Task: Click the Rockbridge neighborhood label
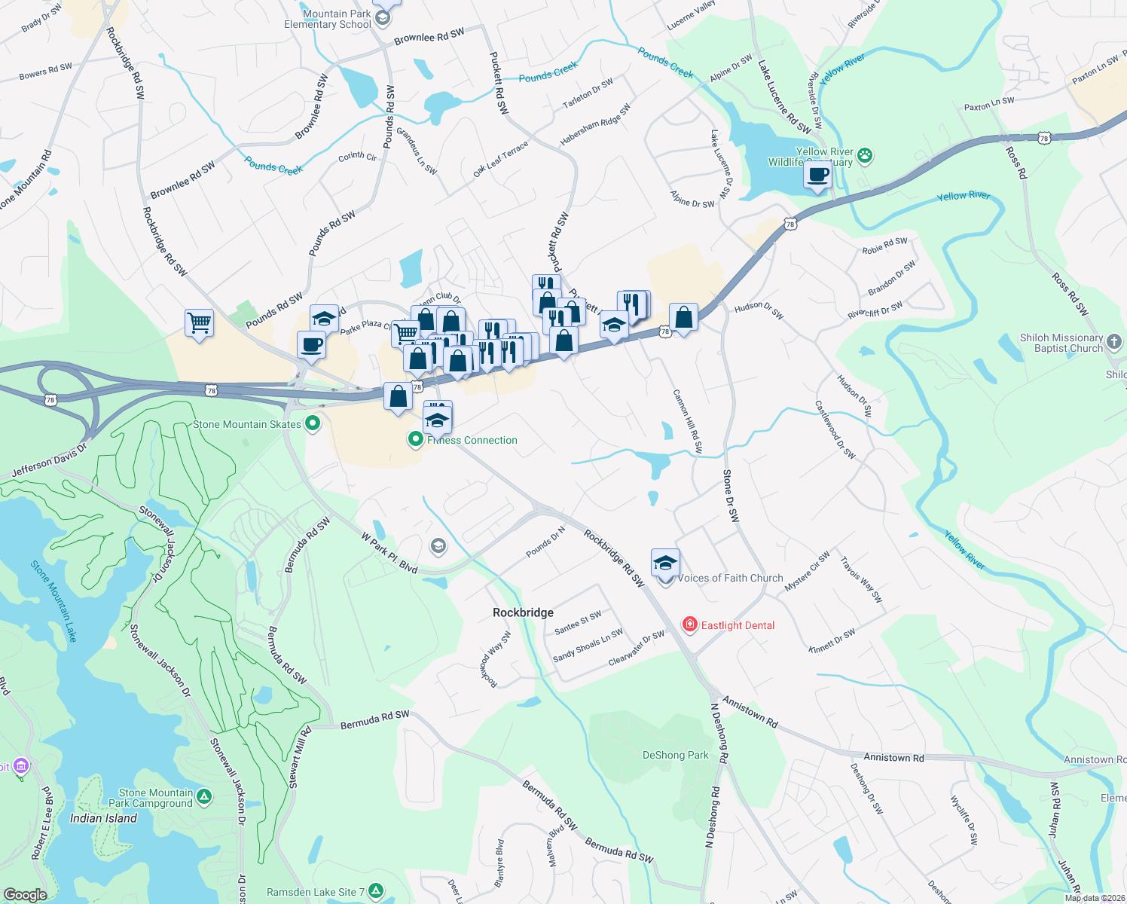tap(523, 612)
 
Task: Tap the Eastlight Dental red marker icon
tap(689, 625)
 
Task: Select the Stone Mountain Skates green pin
tap(313, 424)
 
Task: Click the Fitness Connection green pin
tap(415, 438)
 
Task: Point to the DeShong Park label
tap(675, 755)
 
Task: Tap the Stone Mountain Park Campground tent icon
tap(204, 796)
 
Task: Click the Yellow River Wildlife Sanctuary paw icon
tap(865, 156)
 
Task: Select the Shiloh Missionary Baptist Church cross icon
tap(1114, 342)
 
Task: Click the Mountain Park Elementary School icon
tap(383, 18)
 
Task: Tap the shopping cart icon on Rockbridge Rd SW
tap(199, 323)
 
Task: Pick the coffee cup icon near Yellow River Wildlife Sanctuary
tap(817, 176)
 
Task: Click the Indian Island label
tap(103, 818)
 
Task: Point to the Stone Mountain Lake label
tap(53, 600)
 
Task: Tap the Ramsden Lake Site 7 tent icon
tap(376, 891)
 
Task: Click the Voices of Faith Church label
tap(730, 578)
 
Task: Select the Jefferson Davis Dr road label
tap(50, 460)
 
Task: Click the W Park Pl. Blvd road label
tap(389, 554)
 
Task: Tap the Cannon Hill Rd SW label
tap(688, 421)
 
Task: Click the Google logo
tap(26, 894)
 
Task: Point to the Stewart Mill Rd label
tap(299, 758)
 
